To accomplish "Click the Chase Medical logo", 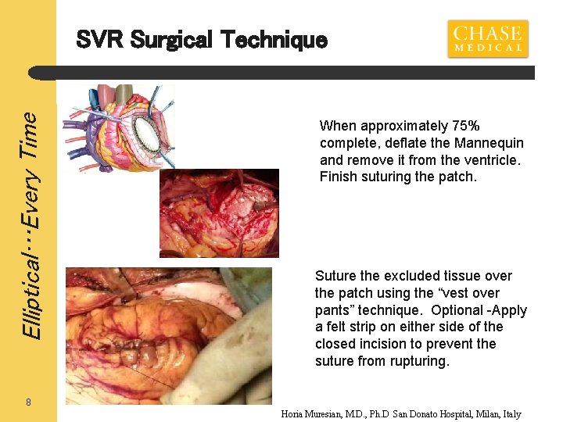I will click(x=487, y=38).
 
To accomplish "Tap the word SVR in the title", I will click(x=99, y=39).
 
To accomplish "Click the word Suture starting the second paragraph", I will click(x=336, y=276).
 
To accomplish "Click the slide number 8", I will click(x=28, y=402).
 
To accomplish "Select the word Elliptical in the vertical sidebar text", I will click(x=30, y=290).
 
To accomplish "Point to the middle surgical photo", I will click(x=218, y=213).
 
